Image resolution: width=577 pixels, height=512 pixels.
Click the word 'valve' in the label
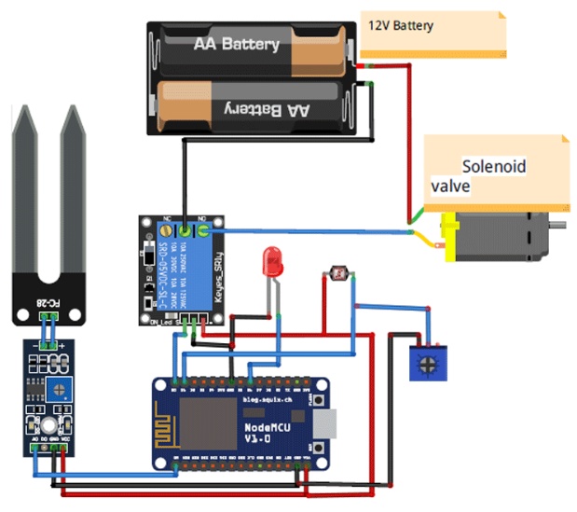pyautogui.click(x=449, y=187)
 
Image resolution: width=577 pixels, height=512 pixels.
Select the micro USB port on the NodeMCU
pyautogui.click(x=325, y=426)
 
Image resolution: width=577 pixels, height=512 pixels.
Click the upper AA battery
pyautogui.click(x=248, y=45)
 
